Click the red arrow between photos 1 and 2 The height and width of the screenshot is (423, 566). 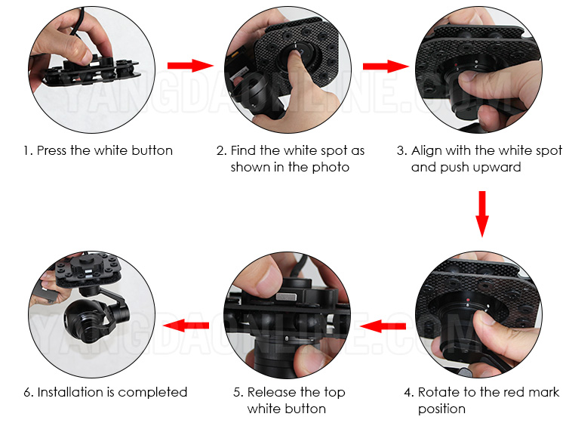191,66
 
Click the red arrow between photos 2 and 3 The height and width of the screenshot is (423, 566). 386,66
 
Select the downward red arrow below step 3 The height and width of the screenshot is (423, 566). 482,214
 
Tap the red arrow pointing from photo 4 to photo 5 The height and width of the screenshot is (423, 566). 383,326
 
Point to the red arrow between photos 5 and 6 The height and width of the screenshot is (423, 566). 186,325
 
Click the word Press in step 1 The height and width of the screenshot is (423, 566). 52,150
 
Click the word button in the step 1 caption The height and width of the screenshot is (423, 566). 152,150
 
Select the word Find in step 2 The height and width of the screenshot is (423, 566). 243,150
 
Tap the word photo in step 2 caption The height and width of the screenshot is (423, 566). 331,167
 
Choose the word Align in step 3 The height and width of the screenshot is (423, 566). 426,150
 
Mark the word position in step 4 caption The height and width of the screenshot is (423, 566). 441,409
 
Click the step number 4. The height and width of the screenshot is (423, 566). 408,392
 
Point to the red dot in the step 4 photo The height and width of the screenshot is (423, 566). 468,300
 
